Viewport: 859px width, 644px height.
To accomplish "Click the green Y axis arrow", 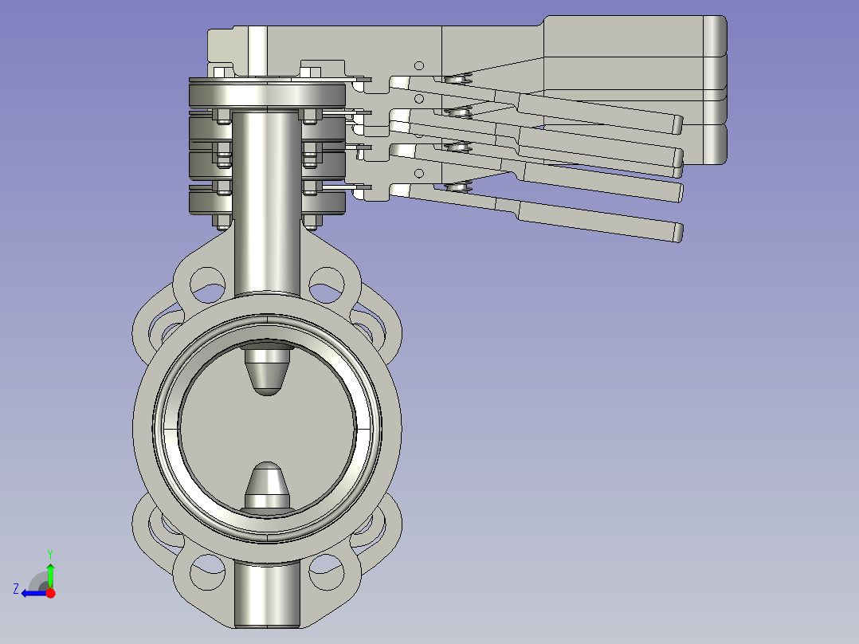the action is [50, 575].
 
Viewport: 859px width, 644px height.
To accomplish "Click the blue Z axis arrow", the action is [34, 593].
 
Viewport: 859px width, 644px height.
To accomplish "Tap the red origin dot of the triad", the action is [50, 593].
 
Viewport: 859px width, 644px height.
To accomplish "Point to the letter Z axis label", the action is [16, 589].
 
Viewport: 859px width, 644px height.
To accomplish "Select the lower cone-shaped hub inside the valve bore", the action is [267, 488].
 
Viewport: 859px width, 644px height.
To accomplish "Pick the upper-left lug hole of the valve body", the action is [208, 285].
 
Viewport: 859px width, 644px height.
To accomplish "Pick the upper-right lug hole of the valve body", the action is [327, 285].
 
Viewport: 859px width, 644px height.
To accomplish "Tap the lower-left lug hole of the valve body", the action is [208, 572].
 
